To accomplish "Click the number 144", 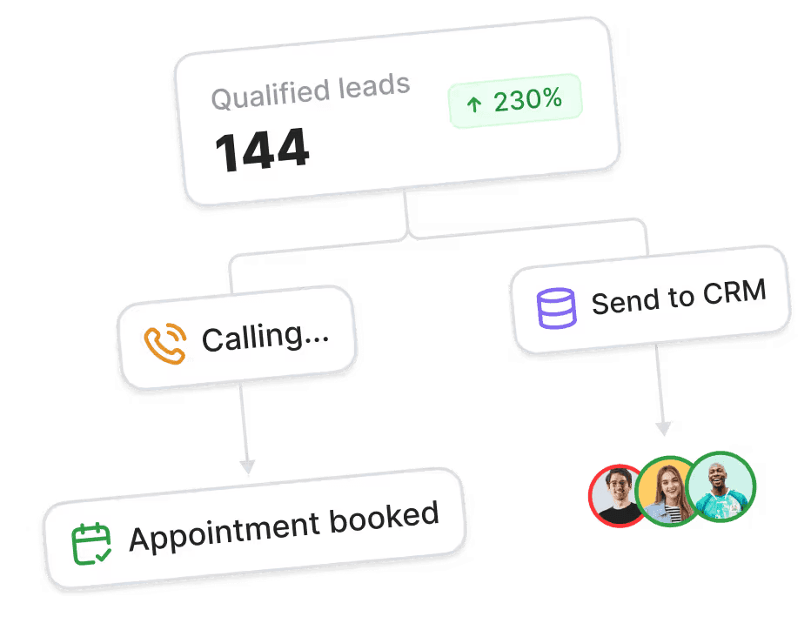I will [262, 149].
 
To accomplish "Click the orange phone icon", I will [164, 344].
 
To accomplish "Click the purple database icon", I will [557, 307].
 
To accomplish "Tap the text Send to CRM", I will [678, 298].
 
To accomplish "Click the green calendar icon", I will [91, 544].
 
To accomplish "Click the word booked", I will [384, 517].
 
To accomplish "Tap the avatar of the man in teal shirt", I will [721, 485].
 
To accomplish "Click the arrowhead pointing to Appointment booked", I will [248, 466].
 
